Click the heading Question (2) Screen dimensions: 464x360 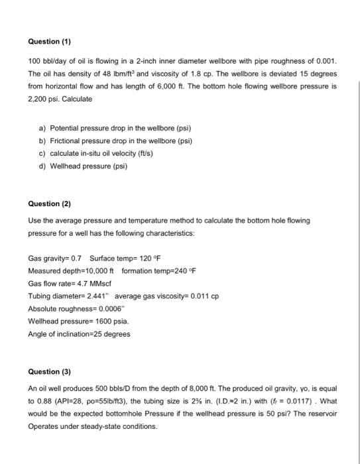(x=50, y=204)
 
